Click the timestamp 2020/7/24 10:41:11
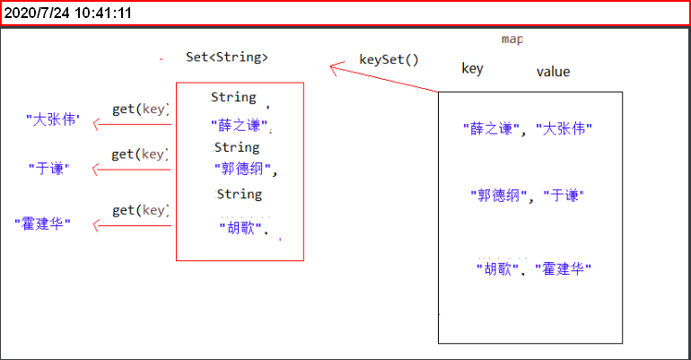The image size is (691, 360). point(68,13)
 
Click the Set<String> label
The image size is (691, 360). point(226,57)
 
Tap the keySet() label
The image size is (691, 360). point(389,60)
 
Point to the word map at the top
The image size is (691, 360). point(512,40)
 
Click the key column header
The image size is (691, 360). point(472,68)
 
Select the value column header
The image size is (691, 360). point(553,72)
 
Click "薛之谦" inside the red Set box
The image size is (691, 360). point(240,126)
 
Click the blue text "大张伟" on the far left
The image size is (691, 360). point(53,119)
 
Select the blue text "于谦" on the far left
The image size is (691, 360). point(49,168)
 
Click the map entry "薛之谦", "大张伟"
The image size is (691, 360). point(528,128)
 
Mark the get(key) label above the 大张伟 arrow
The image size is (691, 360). point(140,110)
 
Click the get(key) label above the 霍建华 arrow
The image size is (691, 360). point(140,210)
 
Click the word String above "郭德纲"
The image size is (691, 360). point(237,147)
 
